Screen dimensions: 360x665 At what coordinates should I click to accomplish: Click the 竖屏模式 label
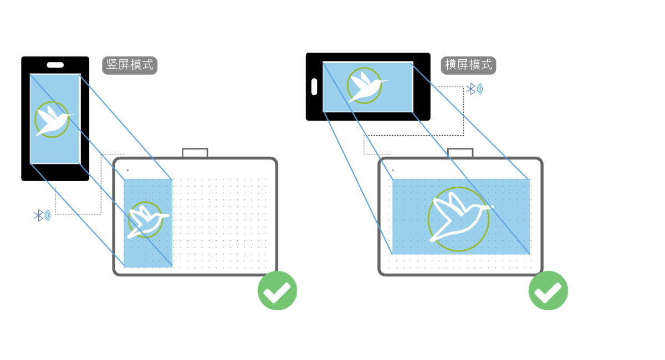point(130,65)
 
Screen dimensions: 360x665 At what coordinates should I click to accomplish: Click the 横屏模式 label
point(468,65)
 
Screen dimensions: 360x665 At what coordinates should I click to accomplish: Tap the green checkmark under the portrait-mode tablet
point(277,290)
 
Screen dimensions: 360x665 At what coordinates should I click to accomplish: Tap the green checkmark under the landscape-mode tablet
point(548,290)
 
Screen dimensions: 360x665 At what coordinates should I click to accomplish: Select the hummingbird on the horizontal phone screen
point(365,86)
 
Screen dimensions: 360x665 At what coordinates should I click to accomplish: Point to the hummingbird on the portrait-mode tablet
point(145,220)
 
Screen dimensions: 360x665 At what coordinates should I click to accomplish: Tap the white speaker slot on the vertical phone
point(55,65)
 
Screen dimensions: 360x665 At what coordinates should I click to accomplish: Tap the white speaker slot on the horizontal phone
point(314,86)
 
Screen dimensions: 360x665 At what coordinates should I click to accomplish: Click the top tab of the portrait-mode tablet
point(195,153)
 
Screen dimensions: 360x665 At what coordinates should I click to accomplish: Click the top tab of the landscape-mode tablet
point(460,153)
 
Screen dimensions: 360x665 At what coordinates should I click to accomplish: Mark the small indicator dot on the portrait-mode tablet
point(127,170)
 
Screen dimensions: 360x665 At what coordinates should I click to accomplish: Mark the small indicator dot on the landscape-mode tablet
point(393,170)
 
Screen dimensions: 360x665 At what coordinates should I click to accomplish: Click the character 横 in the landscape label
point(451,65)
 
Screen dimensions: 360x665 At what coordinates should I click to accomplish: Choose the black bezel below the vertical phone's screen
point(55,172)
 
